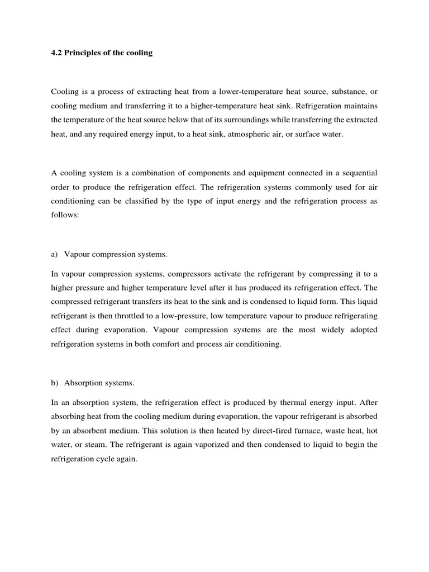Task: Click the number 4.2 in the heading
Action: pyautogui.click(x=56, y=54)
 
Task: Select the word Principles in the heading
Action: pyautogui.click(x=85, y=54)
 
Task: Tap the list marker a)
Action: pyautogui.click(x=54, y=254)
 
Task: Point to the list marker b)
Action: pyautogui.click(x=54, y=383)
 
